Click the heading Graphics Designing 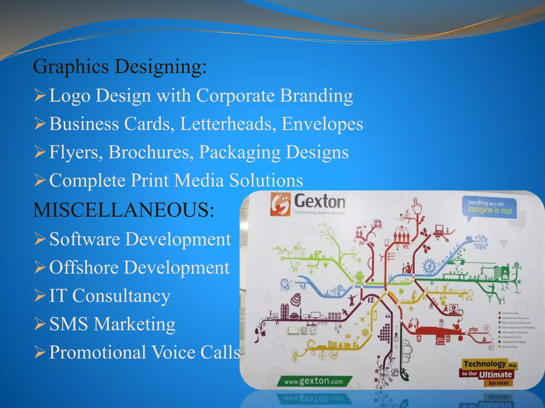pos(120,66)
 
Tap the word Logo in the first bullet pos(70,96)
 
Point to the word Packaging pos(240,153)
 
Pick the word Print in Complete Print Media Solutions pos(150,181)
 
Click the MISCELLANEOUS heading pos(123,210)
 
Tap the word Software pos(85,239)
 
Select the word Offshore pos(84,267)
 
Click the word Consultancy pos(121,296)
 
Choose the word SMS pos(69,324)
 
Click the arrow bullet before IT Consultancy pos(40,296)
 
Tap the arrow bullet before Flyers pos(40,152)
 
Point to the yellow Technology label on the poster pos(485,364)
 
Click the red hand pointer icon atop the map pos(417,205)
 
